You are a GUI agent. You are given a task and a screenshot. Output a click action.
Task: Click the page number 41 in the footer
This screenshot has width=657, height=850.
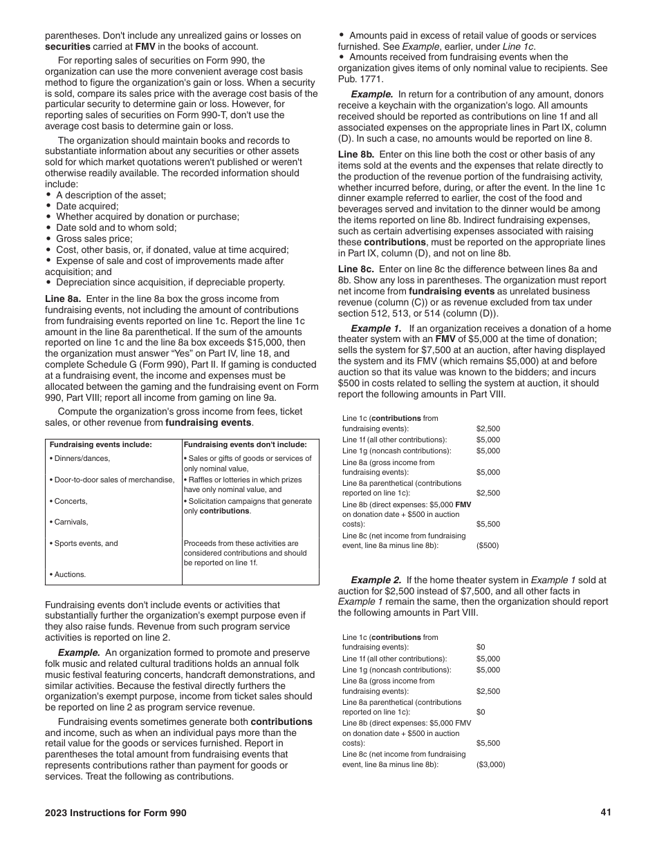coord(606,813)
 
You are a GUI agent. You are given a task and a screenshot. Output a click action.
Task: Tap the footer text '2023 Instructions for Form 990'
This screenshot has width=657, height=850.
coord(115,813)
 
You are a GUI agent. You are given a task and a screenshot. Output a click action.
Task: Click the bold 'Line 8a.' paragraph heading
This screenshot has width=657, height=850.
coord(63,299)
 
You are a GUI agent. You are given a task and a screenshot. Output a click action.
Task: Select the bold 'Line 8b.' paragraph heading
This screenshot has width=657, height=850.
coord(356,154)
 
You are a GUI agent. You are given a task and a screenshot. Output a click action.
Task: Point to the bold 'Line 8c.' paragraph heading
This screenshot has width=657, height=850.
coord(356,268)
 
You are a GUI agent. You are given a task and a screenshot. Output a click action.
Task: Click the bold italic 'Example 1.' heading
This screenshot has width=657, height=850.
coord(376,328)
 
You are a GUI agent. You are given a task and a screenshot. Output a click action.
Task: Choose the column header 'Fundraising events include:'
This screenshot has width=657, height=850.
coord(100,445)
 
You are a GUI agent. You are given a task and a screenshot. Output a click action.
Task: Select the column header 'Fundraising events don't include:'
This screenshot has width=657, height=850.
coord(245,445)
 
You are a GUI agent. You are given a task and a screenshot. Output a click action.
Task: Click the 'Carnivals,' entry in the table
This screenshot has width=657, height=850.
coord(69,522)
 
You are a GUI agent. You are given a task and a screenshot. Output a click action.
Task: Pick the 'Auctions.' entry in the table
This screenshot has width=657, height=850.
coord(68,574)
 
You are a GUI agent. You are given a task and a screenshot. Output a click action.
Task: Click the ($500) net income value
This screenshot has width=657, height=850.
coord(487,545)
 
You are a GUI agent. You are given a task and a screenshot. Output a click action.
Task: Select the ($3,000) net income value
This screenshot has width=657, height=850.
coord(490,764)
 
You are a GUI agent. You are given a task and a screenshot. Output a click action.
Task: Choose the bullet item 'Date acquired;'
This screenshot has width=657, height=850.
coord(87,206)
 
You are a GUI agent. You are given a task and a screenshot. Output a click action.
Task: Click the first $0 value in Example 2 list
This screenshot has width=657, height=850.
coord(481,648)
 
